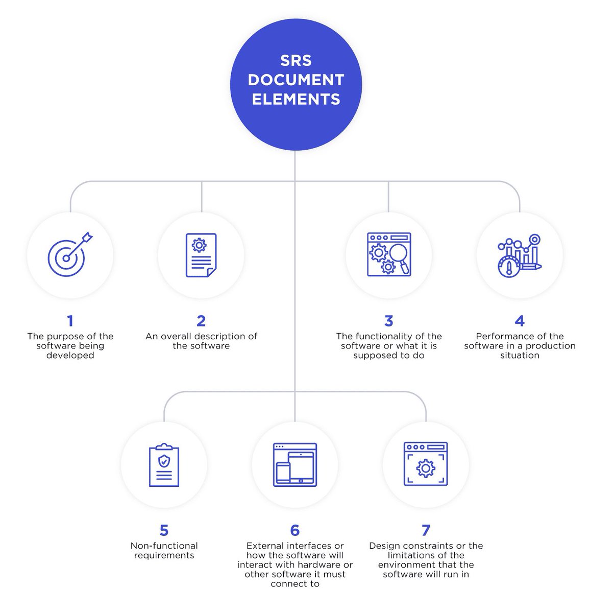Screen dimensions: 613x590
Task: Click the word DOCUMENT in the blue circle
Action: pos(296,80)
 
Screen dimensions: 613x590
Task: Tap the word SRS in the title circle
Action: pos(296,61)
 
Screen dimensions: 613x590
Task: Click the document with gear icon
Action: pos(201,255)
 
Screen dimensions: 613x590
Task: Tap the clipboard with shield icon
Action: pos(164,464)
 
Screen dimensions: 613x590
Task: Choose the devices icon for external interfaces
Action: pos(295,464)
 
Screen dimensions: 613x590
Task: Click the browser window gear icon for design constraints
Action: pos(426,464)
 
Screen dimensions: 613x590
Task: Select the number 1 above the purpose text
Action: pos(70,321)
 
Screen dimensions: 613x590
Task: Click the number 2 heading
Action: pos(201,321)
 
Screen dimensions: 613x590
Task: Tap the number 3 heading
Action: pos(389,321)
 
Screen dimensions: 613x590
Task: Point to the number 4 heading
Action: pos(520,321)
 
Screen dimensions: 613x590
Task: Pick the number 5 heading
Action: pos(164,530)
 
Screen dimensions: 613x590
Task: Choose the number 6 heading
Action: pos(295,530)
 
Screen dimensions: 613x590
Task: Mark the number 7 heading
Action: pos(426,530)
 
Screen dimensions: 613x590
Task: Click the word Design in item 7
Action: pos(384,546)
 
